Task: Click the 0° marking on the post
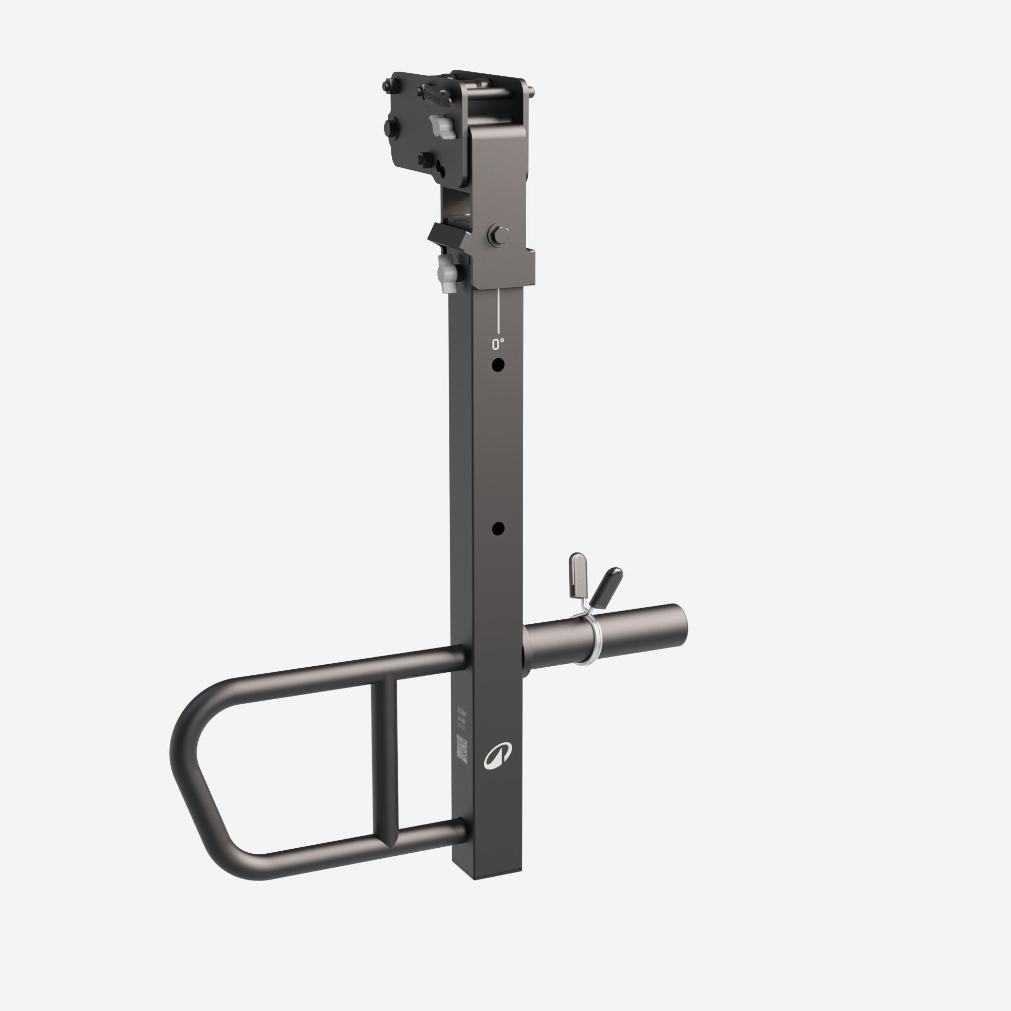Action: coord(497,344)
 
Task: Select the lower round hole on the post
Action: coord(498,529)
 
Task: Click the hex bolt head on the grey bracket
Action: coord(498,235)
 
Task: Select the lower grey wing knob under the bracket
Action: coord(447,274)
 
